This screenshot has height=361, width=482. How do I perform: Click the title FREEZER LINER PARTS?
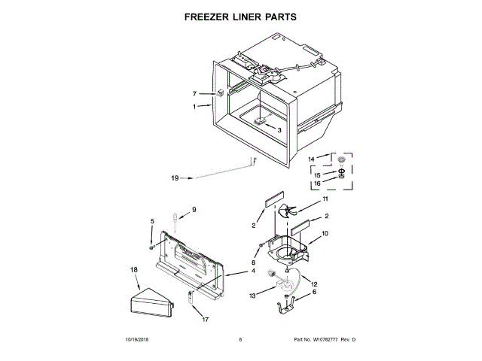pyautogui.click(x=240, y=15)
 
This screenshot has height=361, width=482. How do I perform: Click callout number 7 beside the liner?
pyautogui.click(x=194, y=94)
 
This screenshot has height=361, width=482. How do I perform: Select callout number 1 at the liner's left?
pyautogui.click(x=194, y=107)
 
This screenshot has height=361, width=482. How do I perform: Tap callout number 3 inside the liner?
pyautogui.click(x=279, y=129)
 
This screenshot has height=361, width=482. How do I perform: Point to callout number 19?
pyautogui.click(x=175, y=178)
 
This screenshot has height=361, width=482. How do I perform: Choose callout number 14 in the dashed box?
pyautogui.click(x=312, y=159)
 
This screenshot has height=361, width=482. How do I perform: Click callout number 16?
pyautogui.click(x=317, y=183)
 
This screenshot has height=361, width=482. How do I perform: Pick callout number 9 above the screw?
pyautogui.click(x=193, y=209)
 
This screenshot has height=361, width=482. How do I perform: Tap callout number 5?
pyautogui.click(x=151, y=220)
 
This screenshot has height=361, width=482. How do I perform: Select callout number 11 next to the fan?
pyautogui.click(x=325, y=199)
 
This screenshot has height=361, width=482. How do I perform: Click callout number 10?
pyautogui.click(x=325, y=234)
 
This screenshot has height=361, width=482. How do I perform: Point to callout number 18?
pyautogui.click(x=133, y=268)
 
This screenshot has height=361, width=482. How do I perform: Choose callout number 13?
pyautogui.click(x=253, y=296)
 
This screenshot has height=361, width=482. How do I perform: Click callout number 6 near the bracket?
pyautogui.click(x=314, y=292)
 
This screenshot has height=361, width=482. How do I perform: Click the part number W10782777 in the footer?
pyautogui.click(x=323, y=340)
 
